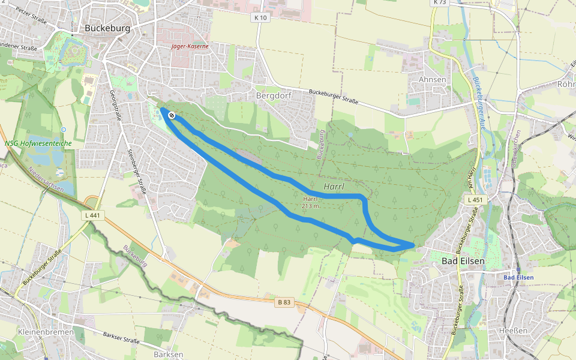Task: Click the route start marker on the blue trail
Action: [x=172, y=115]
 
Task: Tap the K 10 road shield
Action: [x=260, y=18]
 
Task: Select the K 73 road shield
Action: [x=439, y=3]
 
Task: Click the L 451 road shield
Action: [x=474, y=199]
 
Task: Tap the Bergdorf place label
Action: [x=272, y=95]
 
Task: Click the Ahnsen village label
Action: [x=432, y=79]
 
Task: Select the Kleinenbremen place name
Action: [x=46, y=332]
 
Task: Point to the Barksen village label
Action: [x=168, y=355]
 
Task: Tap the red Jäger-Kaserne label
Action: [x=189, y=46]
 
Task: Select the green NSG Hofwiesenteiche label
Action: [x=37, y=143]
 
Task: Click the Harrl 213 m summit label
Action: [x=310, y=202]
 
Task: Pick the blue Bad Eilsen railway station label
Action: [x=518, y=277]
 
